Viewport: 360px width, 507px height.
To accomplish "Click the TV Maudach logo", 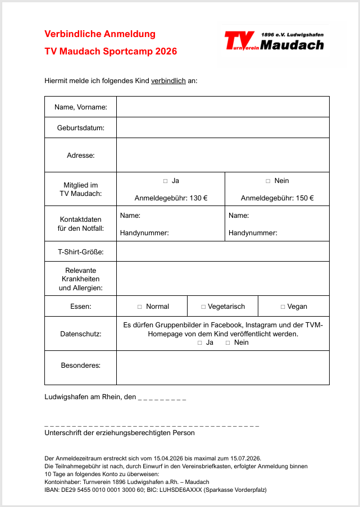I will tap(274, 41).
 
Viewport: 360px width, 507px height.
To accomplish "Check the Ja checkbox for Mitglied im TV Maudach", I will tap(166, 181).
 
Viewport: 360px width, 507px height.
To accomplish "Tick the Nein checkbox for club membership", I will tap(268, 181).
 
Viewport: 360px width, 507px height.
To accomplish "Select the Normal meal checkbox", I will tap(140, 307).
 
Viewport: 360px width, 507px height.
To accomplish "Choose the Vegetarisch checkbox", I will tap(203, 307).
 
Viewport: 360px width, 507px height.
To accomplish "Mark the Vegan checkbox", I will tap(283, 307).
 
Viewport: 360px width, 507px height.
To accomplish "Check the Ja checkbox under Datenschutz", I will tap(200, 342).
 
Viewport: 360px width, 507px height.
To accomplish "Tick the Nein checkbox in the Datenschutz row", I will tap(227, 342).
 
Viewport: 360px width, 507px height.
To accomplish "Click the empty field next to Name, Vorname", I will tap(222, 107).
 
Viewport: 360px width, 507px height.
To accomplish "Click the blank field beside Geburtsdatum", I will tap(222, 127).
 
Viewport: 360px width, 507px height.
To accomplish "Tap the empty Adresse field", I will tap(222, 155).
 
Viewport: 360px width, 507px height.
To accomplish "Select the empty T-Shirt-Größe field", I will tap(222, 252).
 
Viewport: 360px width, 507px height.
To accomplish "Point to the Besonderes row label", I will tap(80, 366).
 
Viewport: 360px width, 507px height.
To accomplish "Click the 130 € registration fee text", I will tap(171, 198).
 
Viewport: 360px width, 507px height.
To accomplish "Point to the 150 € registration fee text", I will tap(277, 198).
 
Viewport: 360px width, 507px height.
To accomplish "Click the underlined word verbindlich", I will tap(168, 81).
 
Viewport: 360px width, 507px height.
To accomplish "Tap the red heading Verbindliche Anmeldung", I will tap(100, 34).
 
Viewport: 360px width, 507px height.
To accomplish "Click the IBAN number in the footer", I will tap(93, 490).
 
